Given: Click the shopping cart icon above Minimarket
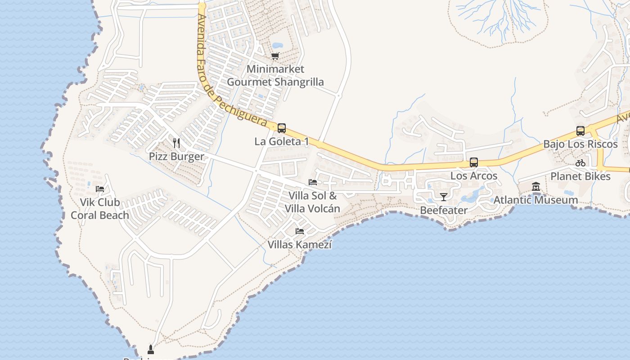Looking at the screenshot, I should tap(275, 56).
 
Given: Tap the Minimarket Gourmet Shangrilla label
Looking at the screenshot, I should tap(275, 76).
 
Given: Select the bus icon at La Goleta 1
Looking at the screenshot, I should tap(282, 128).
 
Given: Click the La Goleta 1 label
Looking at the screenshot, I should tap(282, 141).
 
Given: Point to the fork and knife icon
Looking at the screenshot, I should tap(176, 143).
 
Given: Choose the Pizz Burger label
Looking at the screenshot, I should tap(176, 157).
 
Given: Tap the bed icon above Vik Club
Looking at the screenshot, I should tap(100, 189).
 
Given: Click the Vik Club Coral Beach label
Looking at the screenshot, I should tap(100, 209).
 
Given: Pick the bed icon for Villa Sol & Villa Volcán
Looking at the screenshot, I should tap(313, 182).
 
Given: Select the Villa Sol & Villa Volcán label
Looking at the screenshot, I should tap(312, 202).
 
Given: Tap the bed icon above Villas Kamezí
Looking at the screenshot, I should tap(300, 231).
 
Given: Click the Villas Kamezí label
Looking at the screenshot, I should tap(300, 245).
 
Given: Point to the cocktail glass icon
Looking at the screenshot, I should tap(444, 197).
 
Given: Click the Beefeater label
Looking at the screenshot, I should tap(444, 210).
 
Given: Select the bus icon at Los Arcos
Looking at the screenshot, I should tap(474, 162).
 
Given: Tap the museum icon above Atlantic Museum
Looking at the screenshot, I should tap(536, 186).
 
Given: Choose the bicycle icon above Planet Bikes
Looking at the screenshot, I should tap(580, 163).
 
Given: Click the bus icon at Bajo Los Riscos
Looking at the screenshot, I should tap(580, 131).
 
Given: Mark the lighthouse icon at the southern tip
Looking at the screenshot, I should tap(151, 349).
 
